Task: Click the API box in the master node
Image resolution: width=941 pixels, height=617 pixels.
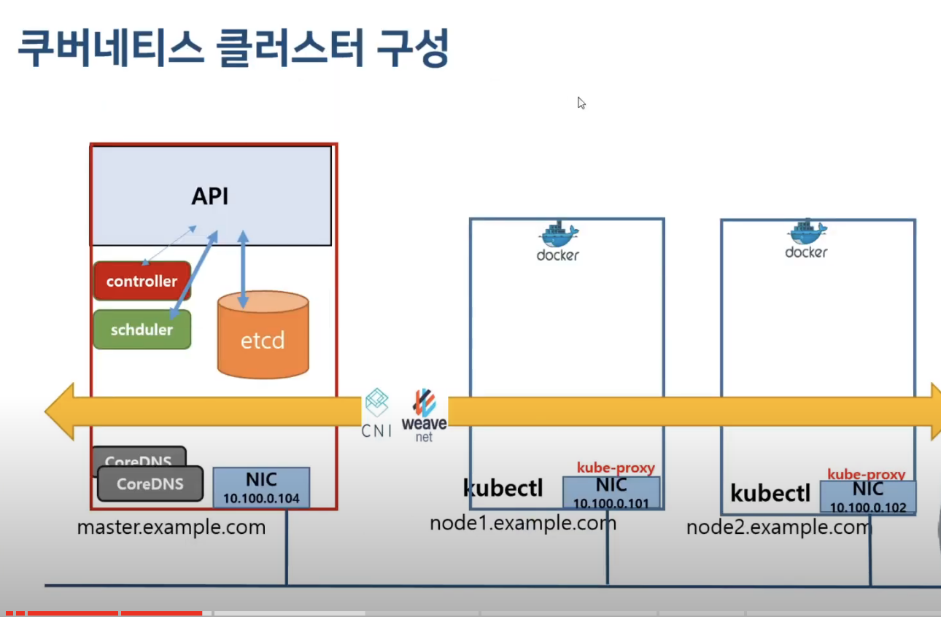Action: point(210,196)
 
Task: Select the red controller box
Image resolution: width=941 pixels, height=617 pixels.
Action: point(142,282)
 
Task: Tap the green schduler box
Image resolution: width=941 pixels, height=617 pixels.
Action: point(142,330)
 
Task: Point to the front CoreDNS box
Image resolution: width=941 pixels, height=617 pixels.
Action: point(150,484)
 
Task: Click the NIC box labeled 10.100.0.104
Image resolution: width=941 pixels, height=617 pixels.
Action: point(261,488)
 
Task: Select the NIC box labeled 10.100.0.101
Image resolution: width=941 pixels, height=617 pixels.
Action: point(611,492)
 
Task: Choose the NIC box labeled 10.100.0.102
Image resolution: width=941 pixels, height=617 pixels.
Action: point(867,497)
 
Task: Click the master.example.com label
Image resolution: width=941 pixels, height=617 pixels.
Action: point(171,527)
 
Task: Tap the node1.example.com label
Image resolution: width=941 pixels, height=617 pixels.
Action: point(522,523)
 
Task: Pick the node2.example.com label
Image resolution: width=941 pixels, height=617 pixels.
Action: point(778,527)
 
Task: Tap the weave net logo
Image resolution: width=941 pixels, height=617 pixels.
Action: point(424,415)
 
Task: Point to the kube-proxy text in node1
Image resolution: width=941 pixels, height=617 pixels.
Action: point(616,468)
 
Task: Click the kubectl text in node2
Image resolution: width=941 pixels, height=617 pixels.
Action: point(770,493)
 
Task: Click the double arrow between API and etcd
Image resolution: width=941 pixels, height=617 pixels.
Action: point(244,271)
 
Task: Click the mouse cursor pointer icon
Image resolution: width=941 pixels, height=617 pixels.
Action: point(581,103)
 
